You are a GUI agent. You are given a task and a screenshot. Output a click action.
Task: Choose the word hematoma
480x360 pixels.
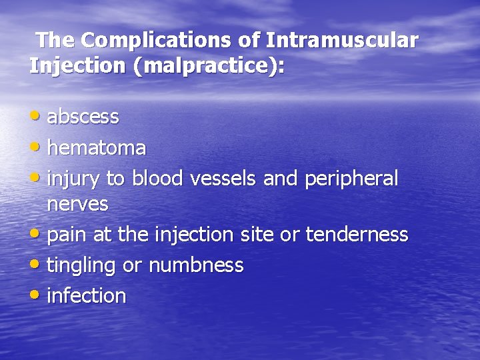tap(97, 148)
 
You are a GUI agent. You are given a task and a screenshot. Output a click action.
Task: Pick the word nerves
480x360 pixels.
tap(77, 205)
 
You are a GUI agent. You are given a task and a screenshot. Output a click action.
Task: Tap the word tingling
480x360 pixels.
tap(82, 266)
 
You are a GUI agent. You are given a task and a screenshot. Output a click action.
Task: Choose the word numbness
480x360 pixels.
tap(195, 265)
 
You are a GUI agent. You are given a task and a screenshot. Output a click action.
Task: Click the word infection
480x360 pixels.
tap(87, 296)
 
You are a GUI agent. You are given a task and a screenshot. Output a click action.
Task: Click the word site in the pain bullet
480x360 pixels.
tap(267, 235)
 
